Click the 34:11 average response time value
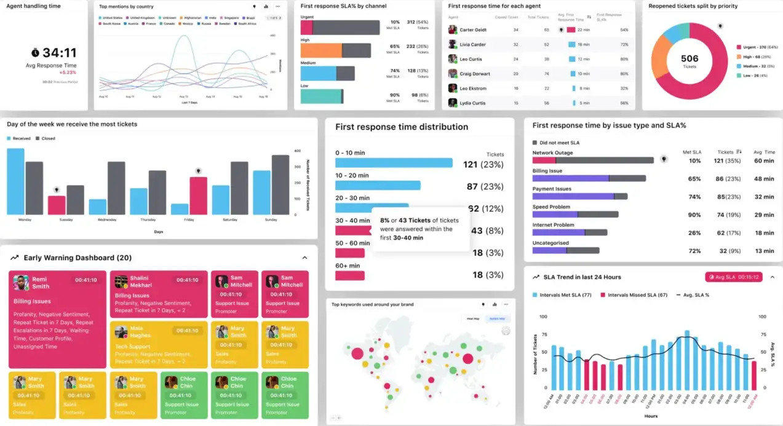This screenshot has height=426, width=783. tap(60, 53)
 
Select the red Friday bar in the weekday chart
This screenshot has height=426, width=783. tap(198, 195)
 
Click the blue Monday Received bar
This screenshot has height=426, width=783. tap(15, 181)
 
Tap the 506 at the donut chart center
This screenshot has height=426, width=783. tap(690, 58)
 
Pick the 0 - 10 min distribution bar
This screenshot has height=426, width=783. tap(394, 164)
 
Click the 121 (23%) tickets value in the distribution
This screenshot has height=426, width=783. tap(483, 164)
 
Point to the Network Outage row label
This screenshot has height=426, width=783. tap(552, 152)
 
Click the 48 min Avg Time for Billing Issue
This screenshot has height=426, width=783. tap(764, 179)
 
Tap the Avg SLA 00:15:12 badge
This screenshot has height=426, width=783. tap(733, 277)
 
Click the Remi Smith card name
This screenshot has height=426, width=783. tap(41, 283)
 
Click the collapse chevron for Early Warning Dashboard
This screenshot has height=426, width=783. tap(304, 258)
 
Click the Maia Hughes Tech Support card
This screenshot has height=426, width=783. tap(159, 345)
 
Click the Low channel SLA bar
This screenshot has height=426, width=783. tap(321, 97)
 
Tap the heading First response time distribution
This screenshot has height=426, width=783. tap(402, 127)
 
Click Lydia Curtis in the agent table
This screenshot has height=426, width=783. tap(472, 103)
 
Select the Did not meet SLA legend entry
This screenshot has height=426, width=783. tap(559, 143)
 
